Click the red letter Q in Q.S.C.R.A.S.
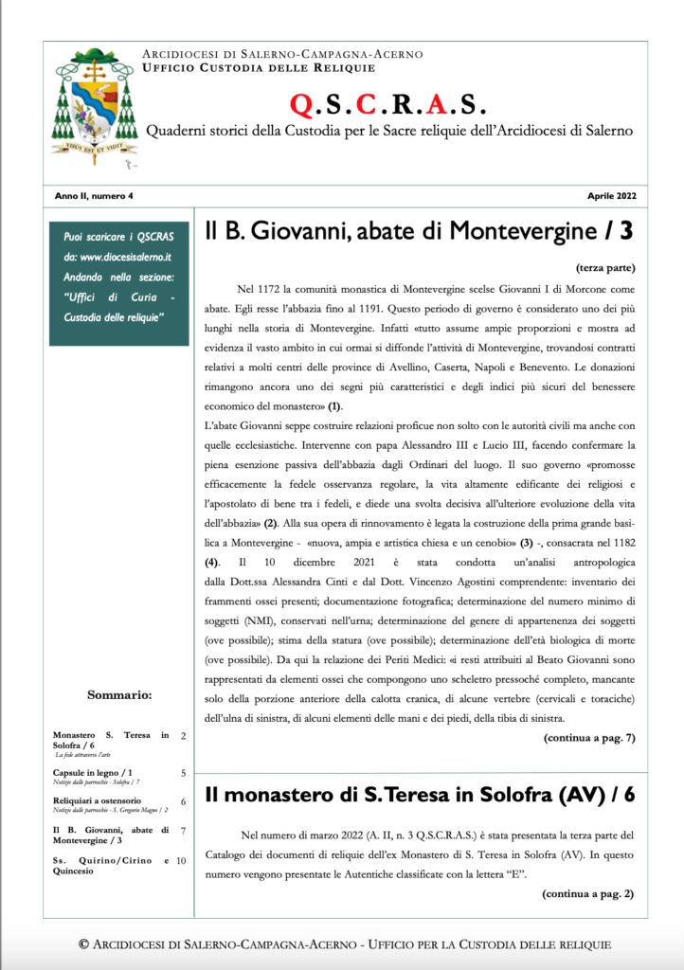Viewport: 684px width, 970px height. (302, 103)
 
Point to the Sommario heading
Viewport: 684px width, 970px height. (119, 694)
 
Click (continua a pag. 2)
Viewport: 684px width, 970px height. (588, 893)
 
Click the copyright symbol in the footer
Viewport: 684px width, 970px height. (83, 943)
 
